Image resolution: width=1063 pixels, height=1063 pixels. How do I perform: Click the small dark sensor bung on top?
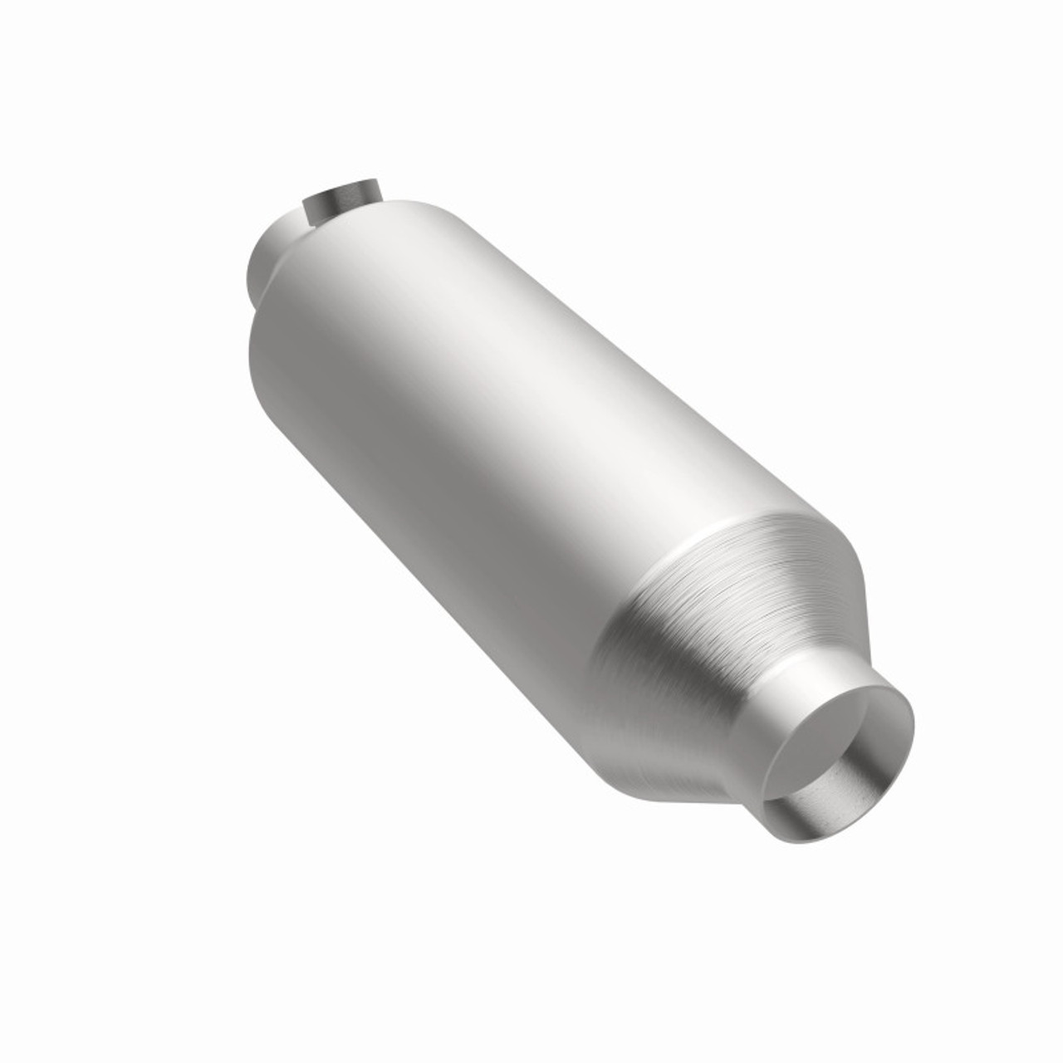click(x=341, y=203)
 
